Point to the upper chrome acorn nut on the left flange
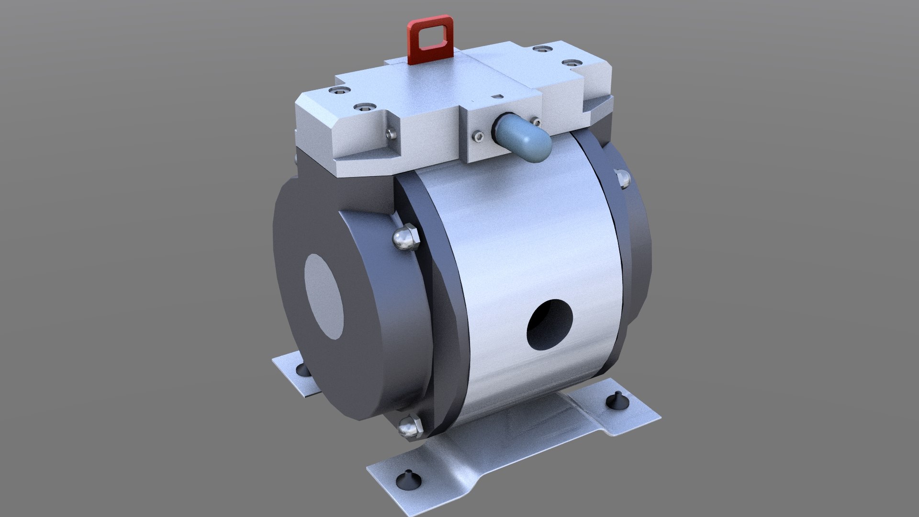(x=405, y=237)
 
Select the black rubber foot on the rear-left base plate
(x=301, y=369)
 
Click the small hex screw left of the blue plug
(x=477, y=137)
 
